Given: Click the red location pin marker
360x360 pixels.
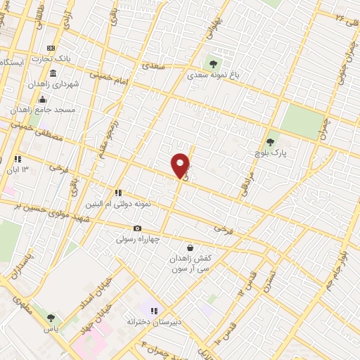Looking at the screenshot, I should [x=181, y=165].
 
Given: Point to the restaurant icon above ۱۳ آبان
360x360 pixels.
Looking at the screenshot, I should [x=18, y=158].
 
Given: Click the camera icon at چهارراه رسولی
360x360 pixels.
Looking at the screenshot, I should [x=137, y=228].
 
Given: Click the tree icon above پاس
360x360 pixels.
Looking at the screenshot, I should [x=50, y=318].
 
